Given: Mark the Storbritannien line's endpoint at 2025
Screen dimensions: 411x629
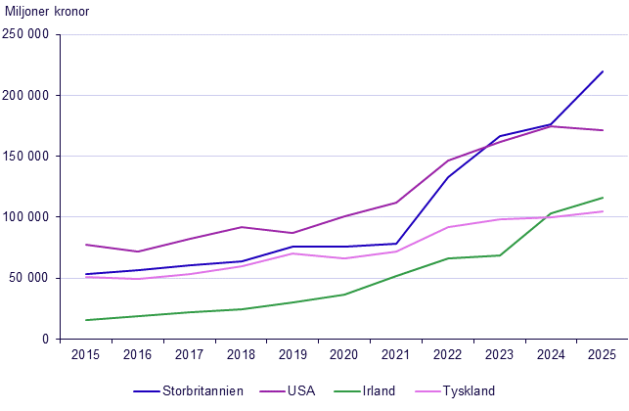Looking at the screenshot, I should tap(603, 71).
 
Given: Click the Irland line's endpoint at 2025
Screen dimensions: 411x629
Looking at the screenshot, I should tap(603, 198).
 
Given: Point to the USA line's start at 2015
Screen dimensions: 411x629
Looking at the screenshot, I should tap(86, 245).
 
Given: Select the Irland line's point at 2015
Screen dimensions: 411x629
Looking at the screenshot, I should tap(86, 320).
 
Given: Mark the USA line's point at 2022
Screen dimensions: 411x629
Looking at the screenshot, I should tap(448, 160).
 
